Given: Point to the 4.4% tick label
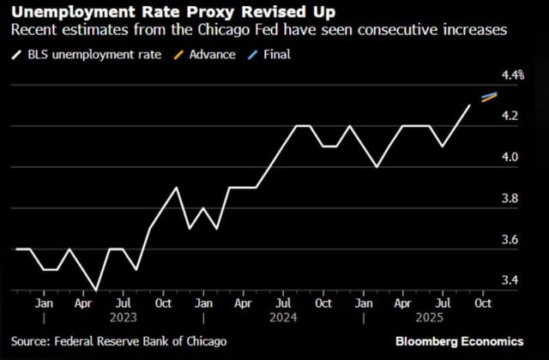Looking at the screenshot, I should [x=512, y=75].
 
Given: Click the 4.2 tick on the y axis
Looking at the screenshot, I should [x=512, y=116].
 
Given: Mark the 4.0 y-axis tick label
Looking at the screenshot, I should [x=512, y=157].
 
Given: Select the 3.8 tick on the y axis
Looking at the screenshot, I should [x=512, y=198].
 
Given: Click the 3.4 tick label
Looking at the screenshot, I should [x=512, y=280].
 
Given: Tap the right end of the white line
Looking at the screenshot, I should [x=469, y=105].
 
